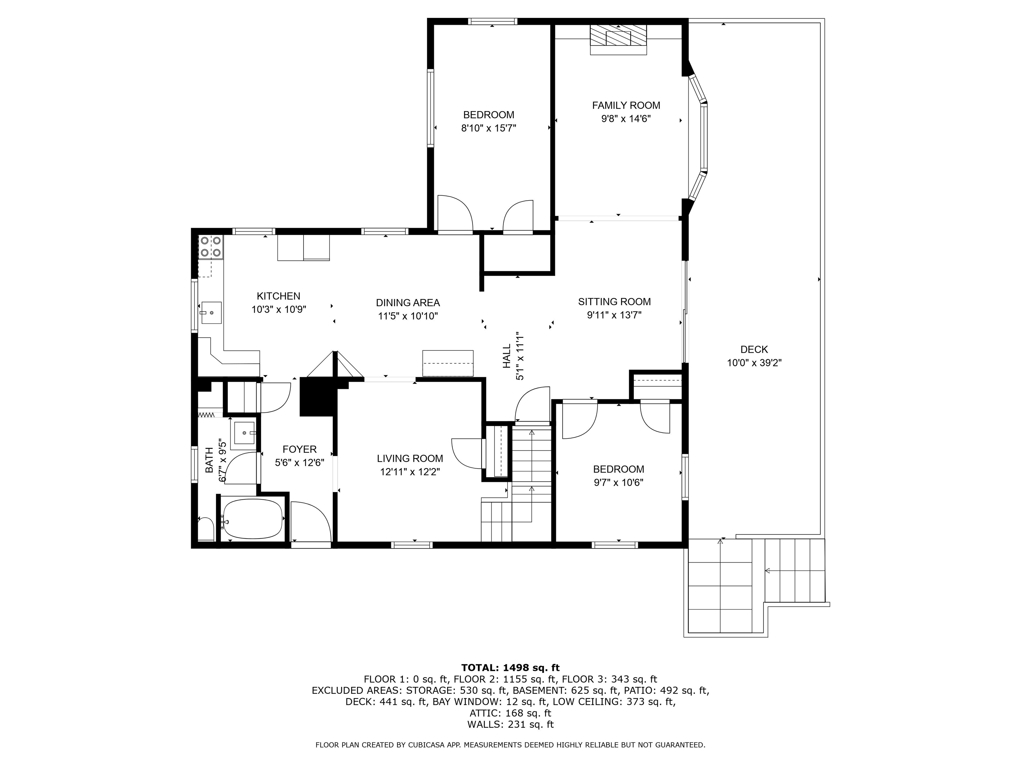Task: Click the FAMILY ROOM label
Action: (626, 105)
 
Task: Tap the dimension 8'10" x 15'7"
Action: (488, 128)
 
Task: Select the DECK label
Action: (754, 349)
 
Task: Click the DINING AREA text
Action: (407, 303)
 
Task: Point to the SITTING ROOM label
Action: (614, 302)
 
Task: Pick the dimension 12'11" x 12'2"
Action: (410, 472)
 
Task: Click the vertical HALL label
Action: (507, 355)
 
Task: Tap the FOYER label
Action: (299, 449)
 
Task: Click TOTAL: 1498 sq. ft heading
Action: (510, 668)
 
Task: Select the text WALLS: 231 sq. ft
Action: (510, 724)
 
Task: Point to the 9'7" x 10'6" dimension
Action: (619, 482)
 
